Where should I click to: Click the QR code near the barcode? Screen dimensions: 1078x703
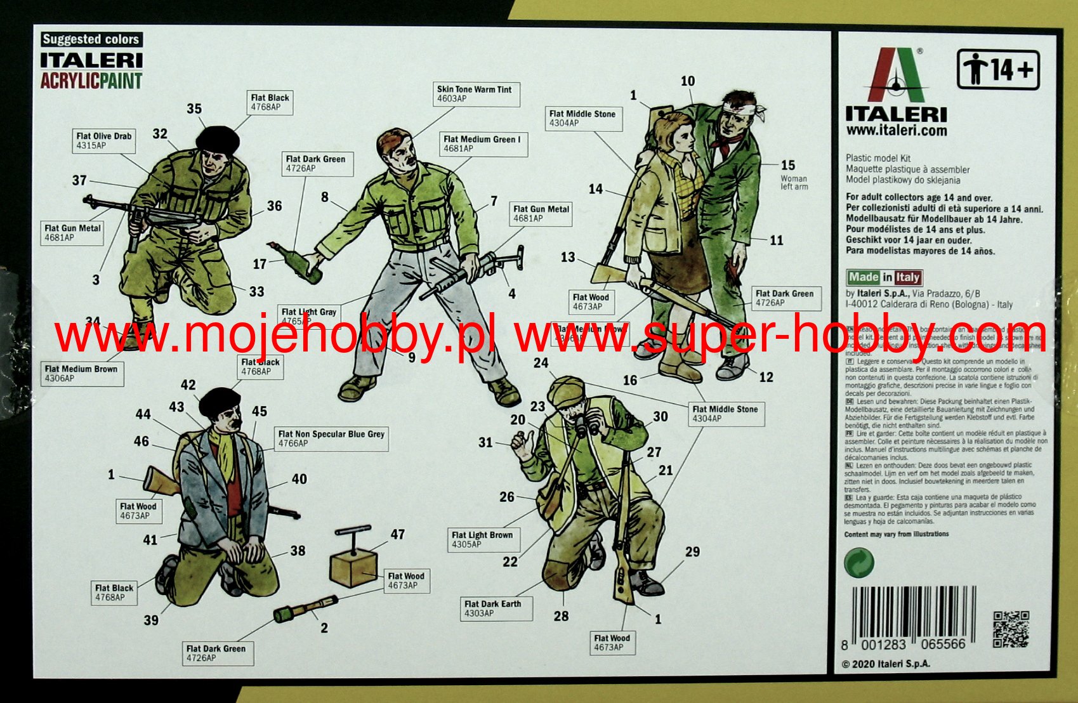coord(1010,629)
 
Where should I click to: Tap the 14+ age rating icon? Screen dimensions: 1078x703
coord(997,69)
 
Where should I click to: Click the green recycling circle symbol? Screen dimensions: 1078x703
coord(858,562)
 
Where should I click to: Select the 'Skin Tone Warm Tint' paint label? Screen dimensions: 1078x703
coord(477,94)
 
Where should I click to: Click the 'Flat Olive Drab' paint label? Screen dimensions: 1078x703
coord(104,140)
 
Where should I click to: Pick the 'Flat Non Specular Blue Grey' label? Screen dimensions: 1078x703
coord(331,438)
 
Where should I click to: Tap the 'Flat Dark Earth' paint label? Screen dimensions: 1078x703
coord(492,608)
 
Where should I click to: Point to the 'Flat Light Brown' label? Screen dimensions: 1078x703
coord(482,539)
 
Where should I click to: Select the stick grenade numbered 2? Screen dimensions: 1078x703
coord(305,608)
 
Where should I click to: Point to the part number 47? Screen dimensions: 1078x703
coord(398,534)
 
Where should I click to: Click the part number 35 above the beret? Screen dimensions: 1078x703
coord(194,108)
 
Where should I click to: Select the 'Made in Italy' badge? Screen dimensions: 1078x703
coord(884,277)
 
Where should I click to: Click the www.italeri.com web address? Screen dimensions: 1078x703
coord(896,131)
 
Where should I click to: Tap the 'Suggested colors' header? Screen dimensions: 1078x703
coord(91,39)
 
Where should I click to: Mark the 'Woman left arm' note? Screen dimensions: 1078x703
coord(794,183)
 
